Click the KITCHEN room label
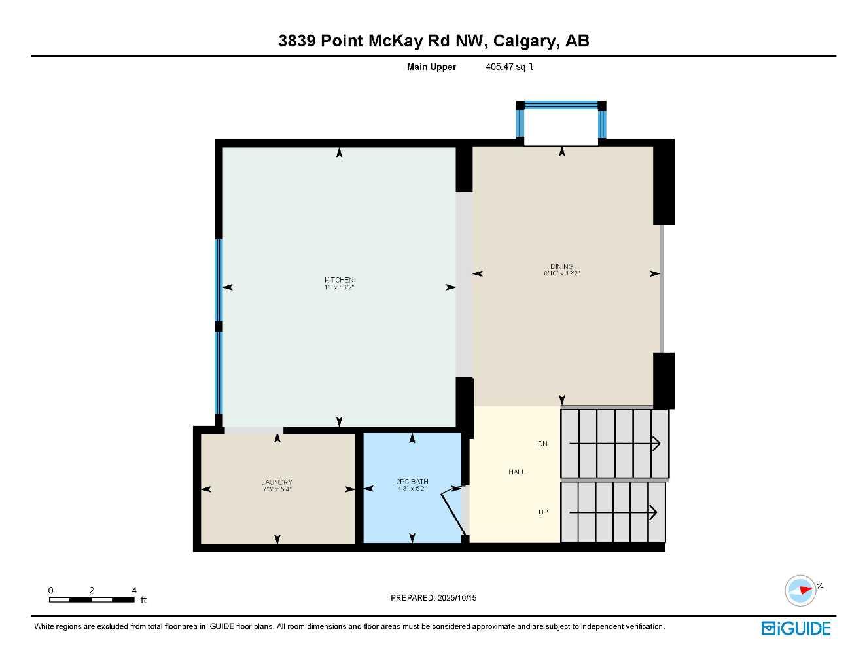[339, 280]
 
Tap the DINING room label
[561, 266]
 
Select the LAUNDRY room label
[277, 482]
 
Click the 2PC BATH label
[412, 482]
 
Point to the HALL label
[517, 472]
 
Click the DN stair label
[542, 444]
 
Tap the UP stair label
[543, 512]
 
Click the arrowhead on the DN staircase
[656, 444]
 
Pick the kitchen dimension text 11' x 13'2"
[339, 287]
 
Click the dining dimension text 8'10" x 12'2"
[561, 273]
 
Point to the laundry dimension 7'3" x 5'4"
[277, 489]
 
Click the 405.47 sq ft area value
[509, 67]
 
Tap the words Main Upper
[431, 67]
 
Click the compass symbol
[801, 590]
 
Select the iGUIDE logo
[796, 628]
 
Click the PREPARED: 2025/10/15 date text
[433, 597]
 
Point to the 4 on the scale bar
[134, 590]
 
